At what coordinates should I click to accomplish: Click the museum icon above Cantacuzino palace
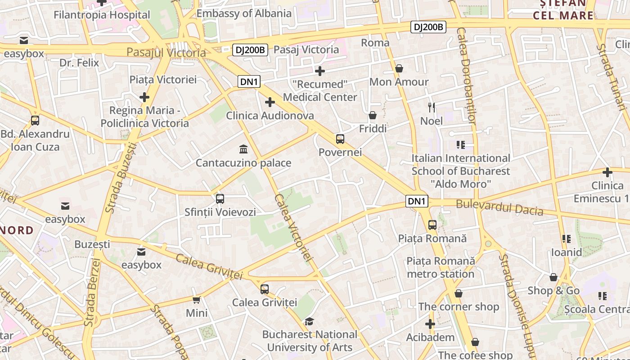pos(243,149)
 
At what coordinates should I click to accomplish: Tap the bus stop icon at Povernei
pos(340,139)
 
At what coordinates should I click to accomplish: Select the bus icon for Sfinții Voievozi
pos(220,198)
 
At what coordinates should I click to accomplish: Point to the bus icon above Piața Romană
pos(432,225)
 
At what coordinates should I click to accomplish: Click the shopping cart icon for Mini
pos(196,300)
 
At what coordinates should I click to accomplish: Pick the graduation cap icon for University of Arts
pos(309,321)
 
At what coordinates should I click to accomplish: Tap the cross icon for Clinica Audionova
pos(270,102)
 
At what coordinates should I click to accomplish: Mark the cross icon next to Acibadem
pos(430,324)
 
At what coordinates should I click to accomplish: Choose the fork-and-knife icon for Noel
pos(432,107)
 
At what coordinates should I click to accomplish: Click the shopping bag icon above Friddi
pos(373,115)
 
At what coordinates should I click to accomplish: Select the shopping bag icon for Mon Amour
pos(399,68)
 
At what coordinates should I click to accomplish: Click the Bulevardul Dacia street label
pos(499,207)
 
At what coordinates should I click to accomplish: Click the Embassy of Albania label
pos(244,13)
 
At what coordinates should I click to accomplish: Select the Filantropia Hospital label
pos(102,15)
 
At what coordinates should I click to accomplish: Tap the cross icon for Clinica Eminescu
pos(607,172)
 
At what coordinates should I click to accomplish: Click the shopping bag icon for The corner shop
pos(459,293)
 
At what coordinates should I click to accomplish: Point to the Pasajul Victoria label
pos(166,53)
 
